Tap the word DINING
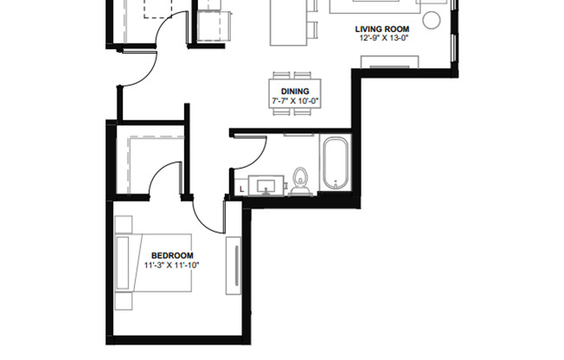click(294, 92)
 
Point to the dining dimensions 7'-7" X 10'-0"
click(294, 101)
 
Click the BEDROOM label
click(172, 255)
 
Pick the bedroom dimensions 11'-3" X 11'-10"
click(172, 265)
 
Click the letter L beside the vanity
click(240, 188)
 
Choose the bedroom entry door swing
click(206, 218)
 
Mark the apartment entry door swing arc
click(138, 69)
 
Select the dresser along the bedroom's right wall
click(232, 268)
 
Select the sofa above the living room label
click(375, 6)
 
